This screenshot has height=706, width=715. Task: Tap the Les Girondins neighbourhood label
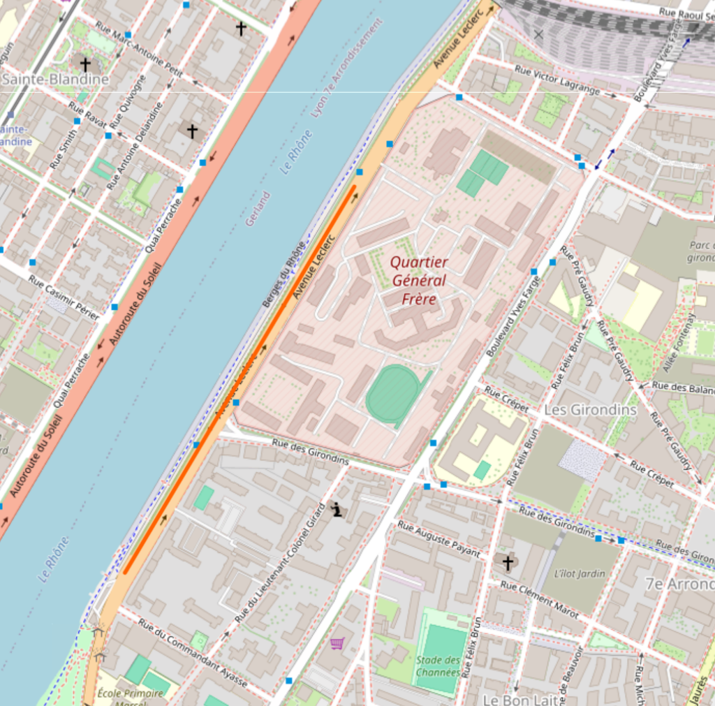click(x=590, y=409)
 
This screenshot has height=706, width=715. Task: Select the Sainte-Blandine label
click(x=55, y=79)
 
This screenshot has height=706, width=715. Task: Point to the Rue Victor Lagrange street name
click(x=557, y=80)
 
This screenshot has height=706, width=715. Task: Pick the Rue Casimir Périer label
click(x=64, y=297)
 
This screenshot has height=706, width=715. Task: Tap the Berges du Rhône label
click(x=283, y=274)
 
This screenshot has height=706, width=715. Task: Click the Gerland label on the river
click(x=257, y=208)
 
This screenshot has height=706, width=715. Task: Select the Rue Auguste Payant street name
click(x=438, y=538)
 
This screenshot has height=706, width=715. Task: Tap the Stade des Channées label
click(x=438, y=665)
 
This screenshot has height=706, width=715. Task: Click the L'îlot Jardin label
click(x=579, y=573)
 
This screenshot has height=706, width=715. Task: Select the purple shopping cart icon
click(x=337, y=643)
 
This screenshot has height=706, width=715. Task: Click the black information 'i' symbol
click(x=337, y=510)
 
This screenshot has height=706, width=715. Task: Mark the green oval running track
click(x=392, y=395)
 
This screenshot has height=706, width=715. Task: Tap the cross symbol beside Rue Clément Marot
click(x=508, y=562)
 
